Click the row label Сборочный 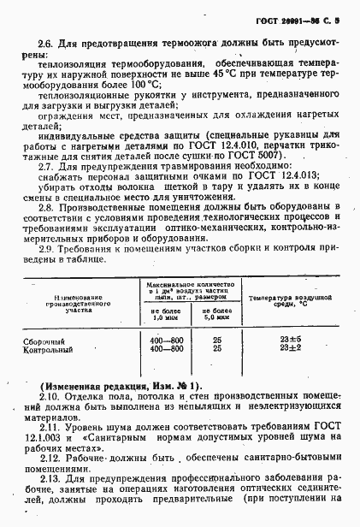point(41,341)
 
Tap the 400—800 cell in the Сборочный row point(160,341)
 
